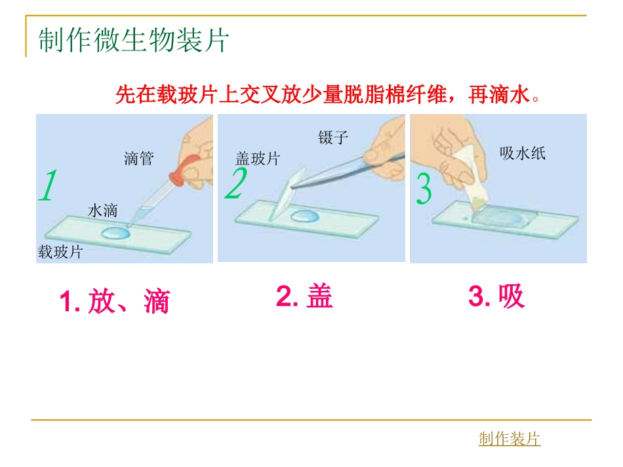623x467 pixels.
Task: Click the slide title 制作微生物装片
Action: pos(133,41)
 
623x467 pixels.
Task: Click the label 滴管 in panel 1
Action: pos(138,159)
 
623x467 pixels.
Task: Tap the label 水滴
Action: pos(102,210)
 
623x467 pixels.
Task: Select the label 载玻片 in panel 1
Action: pos(60,252)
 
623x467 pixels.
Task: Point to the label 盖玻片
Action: pos(258,159)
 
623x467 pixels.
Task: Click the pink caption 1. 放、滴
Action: pos(115,301)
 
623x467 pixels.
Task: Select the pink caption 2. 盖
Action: pos(305,297)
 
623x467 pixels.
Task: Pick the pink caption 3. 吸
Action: pos(496,297)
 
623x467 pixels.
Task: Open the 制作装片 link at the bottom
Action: pos(510,439)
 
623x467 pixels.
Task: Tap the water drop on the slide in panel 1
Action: pos(115,232)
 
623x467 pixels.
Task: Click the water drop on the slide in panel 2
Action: pos(304,216)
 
